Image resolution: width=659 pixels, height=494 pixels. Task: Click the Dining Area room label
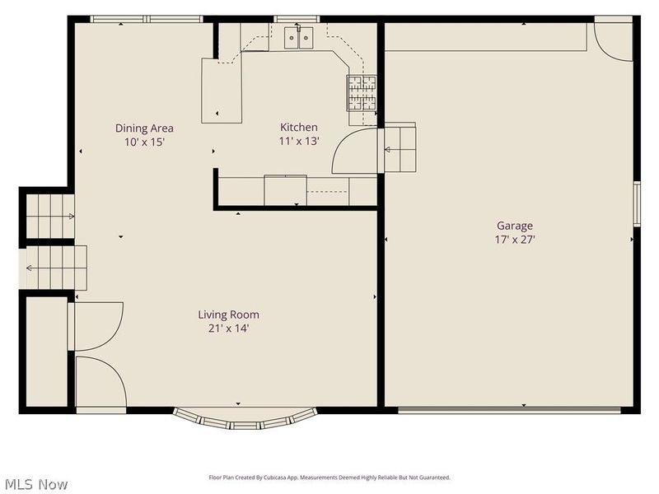144,128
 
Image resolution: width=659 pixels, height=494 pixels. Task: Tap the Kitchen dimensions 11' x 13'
299,141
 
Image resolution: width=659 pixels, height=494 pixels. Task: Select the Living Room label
228,315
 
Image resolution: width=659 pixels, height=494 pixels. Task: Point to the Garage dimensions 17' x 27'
514,240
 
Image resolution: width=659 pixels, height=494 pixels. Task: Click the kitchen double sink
298,37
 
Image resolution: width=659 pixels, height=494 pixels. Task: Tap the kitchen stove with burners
361,92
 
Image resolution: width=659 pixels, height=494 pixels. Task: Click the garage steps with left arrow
398,148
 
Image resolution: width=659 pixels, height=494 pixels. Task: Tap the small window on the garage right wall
637,203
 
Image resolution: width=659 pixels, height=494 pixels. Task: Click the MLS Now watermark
36,484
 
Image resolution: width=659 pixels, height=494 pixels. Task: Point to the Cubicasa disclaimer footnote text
329,478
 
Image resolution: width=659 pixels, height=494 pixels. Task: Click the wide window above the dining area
146,19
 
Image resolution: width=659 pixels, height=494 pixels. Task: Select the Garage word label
514,226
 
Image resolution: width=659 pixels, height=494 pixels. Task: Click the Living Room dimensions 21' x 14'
228,329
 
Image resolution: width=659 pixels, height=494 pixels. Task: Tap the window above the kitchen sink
297,19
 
